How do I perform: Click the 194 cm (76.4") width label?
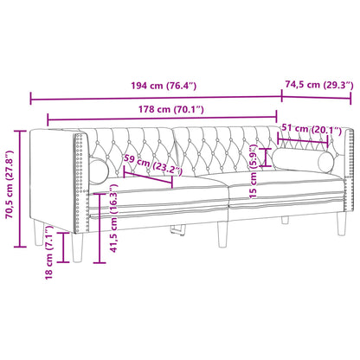pos(156,85)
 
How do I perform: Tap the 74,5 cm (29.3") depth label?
pos(315,85)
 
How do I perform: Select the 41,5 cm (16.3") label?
pos(114,228)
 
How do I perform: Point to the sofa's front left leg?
pos(77,243)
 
